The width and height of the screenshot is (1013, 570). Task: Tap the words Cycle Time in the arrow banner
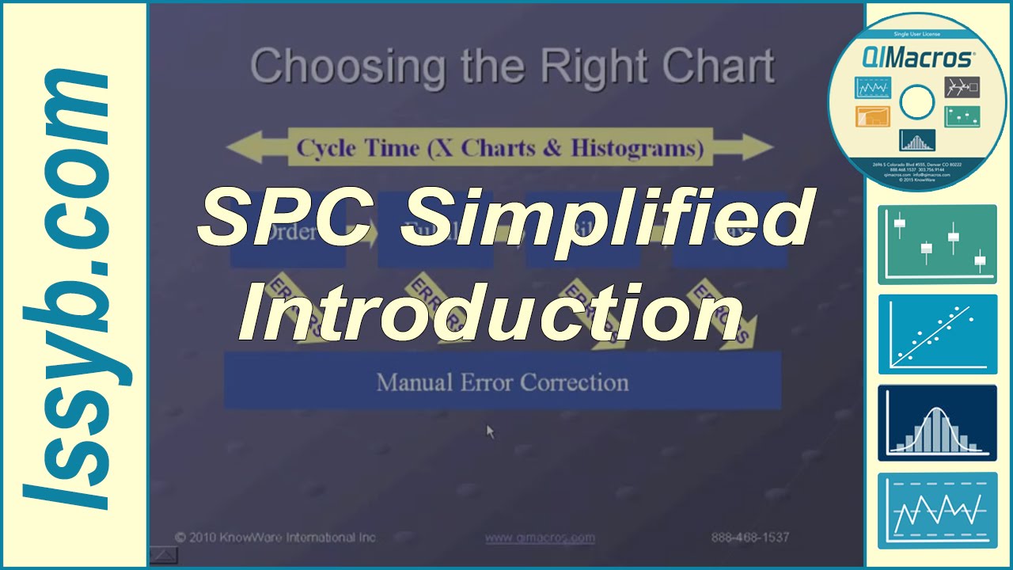tap(358, 148)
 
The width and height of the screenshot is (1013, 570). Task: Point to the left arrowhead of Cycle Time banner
tap(241, 148)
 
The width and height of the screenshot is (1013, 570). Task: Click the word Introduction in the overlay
tap(491, 310)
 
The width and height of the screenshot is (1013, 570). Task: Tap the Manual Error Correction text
tap(503, 382)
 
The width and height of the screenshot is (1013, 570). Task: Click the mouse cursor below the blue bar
tap(490, 431)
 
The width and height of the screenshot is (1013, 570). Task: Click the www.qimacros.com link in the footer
tap(540, 538)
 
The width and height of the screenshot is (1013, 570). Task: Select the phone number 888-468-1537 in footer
tap(749, 538)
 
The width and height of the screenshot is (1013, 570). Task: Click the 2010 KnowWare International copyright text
tap(275, 538)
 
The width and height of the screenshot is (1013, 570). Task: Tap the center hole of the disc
tap(917, 101)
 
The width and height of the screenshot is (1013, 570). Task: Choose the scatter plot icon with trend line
tap(937, 334)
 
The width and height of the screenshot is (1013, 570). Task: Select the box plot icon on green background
tap(937, 245)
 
